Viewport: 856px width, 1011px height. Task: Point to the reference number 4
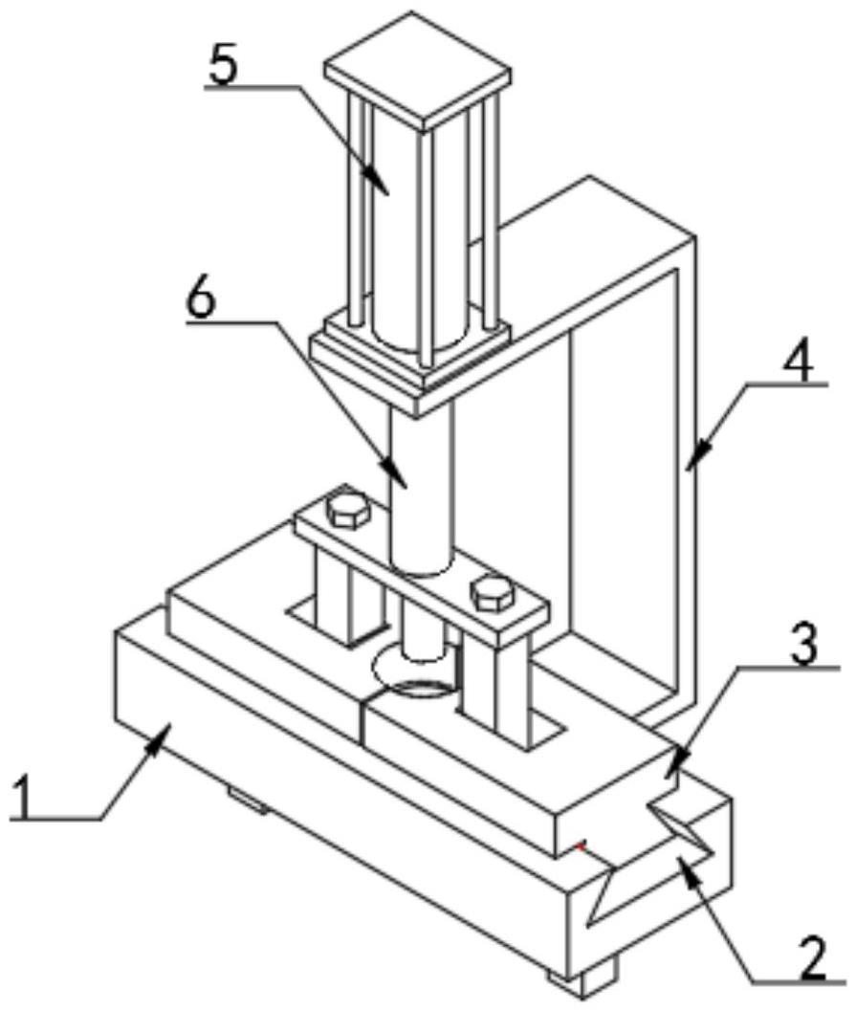coord(800,363)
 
